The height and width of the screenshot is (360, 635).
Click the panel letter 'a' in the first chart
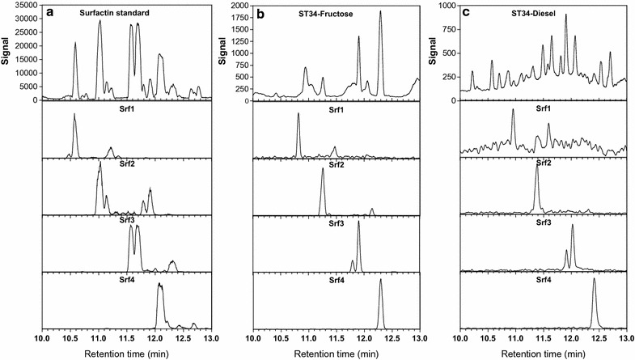pos(50,12)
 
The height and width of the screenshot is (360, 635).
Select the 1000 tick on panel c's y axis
pos(447,6)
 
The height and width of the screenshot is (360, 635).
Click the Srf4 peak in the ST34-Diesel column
pos(594,281)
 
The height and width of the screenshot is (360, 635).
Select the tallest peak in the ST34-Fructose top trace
pos(380,13)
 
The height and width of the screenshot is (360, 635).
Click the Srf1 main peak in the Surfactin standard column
pos(74,115)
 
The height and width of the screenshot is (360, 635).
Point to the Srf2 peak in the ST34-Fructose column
pos(322,172)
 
